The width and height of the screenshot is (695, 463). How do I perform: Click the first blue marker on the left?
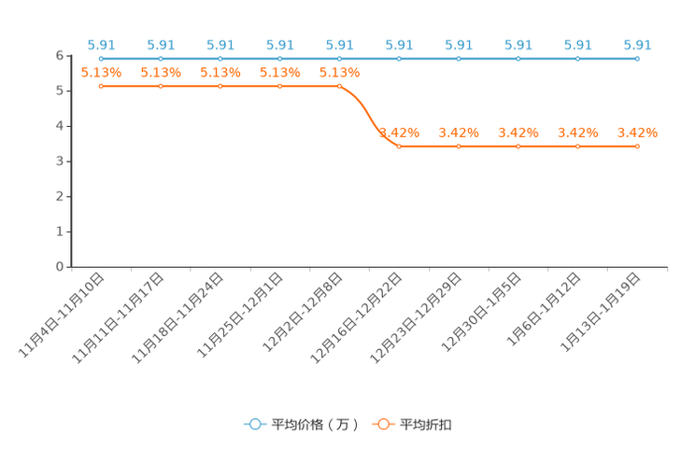(x=101, y=59)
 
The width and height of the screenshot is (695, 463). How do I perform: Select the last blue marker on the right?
(x=637, y=59)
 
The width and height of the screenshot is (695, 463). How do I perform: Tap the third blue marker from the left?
(x=220, y=59)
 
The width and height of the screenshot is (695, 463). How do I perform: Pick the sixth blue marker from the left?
(x=399, y=59)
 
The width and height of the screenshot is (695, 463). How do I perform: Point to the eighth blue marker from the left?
(x=518, y=59)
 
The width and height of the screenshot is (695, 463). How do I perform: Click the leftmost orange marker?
(x=101, y=86)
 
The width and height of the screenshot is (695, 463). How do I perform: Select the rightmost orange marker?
(x=637, y=146)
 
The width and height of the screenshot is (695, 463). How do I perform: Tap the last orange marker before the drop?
(x=339, y=86)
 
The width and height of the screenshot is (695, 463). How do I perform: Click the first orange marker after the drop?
(x=399, y=146)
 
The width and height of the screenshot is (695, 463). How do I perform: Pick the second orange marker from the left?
(x=161, y=86)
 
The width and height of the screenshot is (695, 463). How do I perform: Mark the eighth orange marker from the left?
(x=518, y=146)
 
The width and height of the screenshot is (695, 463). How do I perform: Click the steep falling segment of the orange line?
(x=368, y=116)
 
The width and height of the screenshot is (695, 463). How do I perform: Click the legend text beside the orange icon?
(x=427, y=425)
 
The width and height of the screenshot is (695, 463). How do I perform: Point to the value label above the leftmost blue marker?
(x=101, y=44)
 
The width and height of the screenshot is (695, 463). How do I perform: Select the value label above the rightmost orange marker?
(x=637, y=133)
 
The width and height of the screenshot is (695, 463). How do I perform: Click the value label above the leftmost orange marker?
(x=101, y=72)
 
